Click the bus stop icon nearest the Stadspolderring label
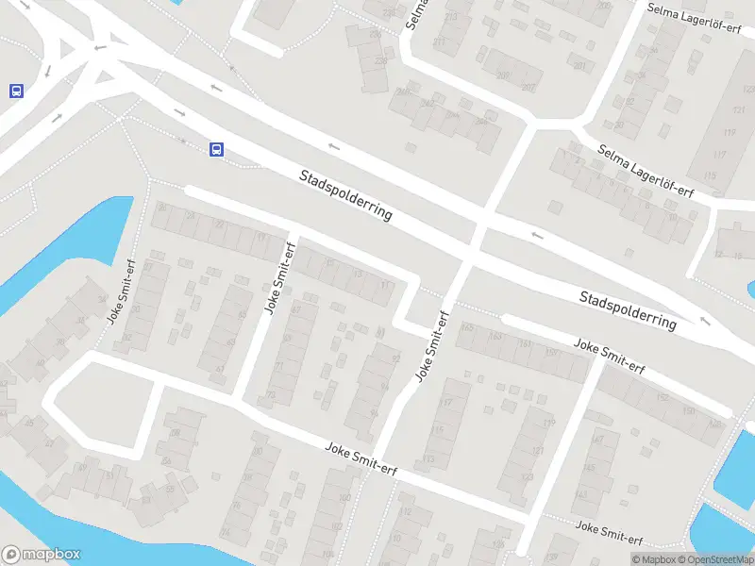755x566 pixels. point(216,149)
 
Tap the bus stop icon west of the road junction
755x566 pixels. point(16,92)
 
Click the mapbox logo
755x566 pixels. point(42,555)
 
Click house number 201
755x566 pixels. point(579,66)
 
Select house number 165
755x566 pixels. point(468,328)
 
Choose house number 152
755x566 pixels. point(663,398)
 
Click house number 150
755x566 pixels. point(689,410)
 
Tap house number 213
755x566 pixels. point(450,17)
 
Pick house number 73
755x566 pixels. point(271,395)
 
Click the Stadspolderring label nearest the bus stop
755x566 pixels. point(345,194)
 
